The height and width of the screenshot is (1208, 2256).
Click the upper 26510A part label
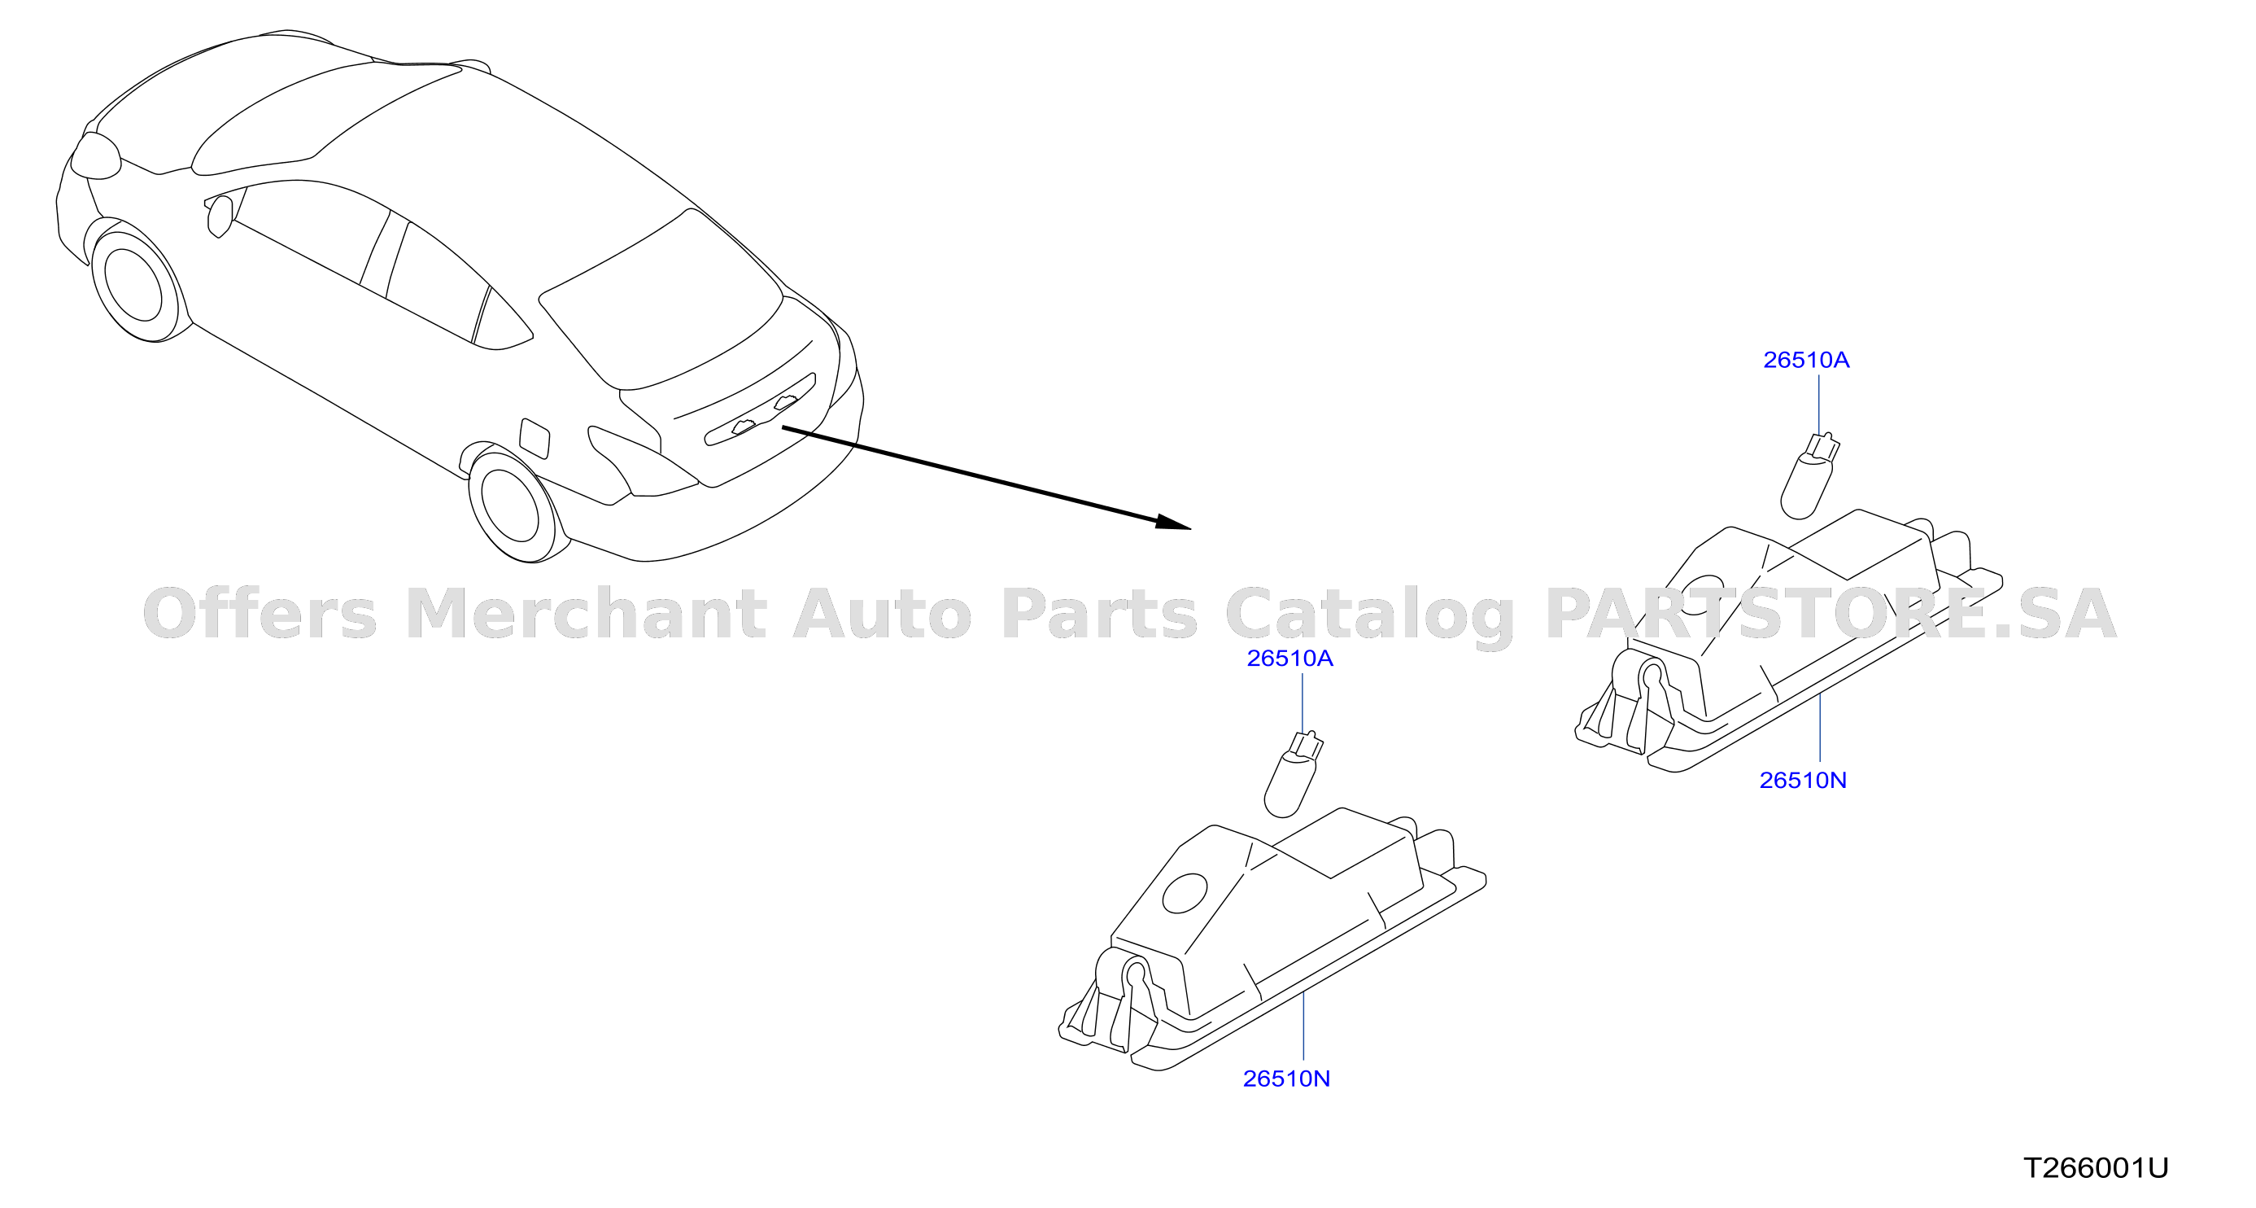click(x=1806, y=360)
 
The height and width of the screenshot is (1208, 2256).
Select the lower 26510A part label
click(x=1290, y=658)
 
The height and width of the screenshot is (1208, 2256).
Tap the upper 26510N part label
click(x=1803, y=781)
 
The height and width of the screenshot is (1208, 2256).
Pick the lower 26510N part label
click(x=1286, y=1079)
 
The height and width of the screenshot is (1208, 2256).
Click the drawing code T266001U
click(x=2096, y=1167)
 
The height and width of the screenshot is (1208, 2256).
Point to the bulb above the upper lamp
click(x=1809, y=476)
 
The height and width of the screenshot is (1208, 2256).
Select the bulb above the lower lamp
click(x=1293, y=774)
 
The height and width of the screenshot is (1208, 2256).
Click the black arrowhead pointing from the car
click(x=1173, y=522)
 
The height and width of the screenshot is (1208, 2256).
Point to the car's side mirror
click(x=219, y=216)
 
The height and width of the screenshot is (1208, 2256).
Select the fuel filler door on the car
click(x=535, y=438)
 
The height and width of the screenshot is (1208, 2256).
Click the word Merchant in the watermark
click(x=586, y=613)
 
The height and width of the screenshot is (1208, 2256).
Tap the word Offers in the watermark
click(x=260, y=612)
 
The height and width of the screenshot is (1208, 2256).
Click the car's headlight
click(x=95, y=156)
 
